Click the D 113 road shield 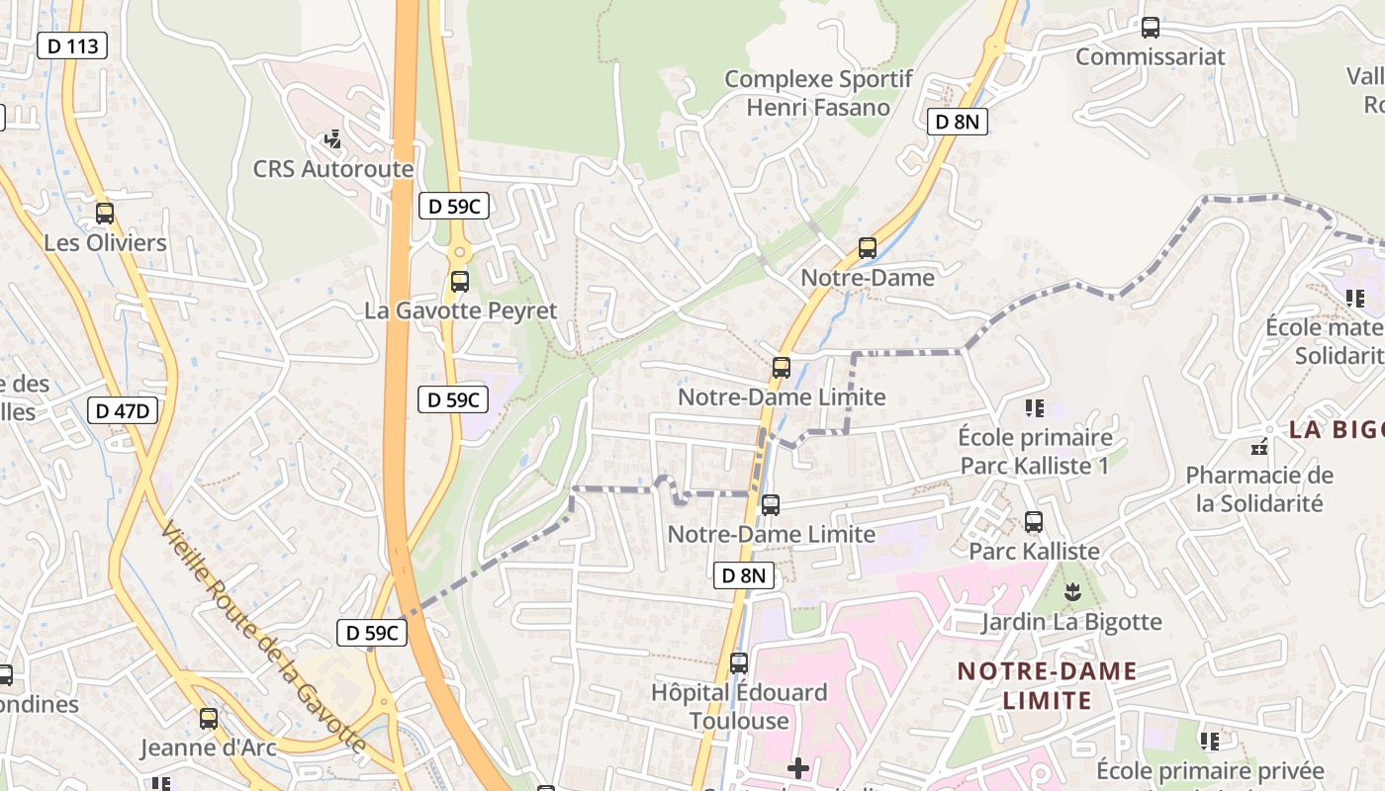point(72,45)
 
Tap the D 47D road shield point(123,410)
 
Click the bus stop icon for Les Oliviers point(105,213)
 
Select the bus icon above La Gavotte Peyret point(460,281)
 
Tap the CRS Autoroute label point(333,169)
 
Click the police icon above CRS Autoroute point(333,139)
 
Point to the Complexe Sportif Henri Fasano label point(818,93)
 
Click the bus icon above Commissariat point(1150,28)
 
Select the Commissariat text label point(1150,56)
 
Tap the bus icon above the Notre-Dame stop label point(868,248)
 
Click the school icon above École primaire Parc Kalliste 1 point(1035,407)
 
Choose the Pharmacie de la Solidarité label point(1259,488)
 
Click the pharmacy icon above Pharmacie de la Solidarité point(1259,447)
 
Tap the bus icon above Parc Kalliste point(1034,521)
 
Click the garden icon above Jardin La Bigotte point(1071,592)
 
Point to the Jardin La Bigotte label point(1071,622)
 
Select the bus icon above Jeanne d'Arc point(209,718)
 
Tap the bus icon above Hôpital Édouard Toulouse point(739,662)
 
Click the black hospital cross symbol point(798,767)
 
